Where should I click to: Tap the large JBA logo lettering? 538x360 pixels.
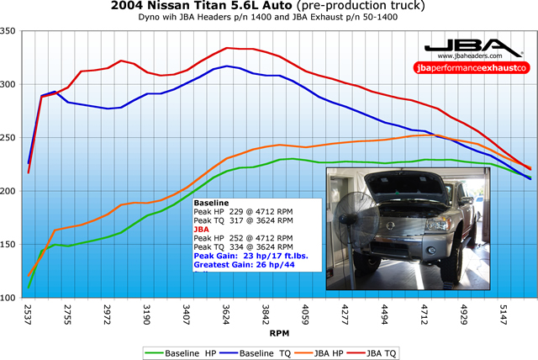(x=467, y=47)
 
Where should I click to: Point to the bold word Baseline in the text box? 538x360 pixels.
(x=211, y=204)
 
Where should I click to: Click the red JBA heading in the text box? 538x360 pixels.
(x=203, y=229)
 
